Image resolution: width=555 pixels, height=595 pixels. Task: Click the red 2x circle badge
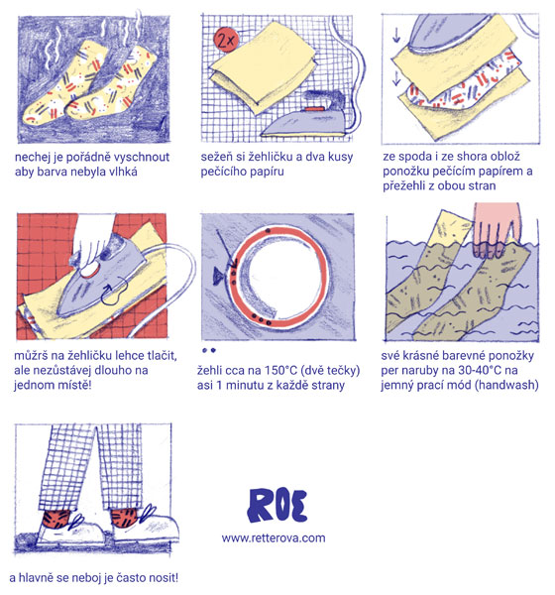pyautogui.click(x=227, y=39)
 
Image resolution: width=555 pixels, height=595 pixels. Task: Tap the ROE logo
pyautogui.click(x=277, y=506)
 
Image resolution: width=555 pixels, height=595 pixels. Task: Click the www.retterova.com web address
pyautogui.click(x=274, y=538)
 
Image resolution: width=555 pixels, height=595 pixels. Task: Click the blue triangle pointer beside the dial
pyautogui.click(x=218, y=276)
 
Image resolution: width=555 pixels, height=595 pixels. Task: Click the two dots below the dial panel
pyautogui.click(x=209, y=350)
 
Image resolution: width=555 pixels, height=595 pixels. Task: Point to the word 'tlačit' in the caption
pyautogui.click(x=161, y=356)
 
